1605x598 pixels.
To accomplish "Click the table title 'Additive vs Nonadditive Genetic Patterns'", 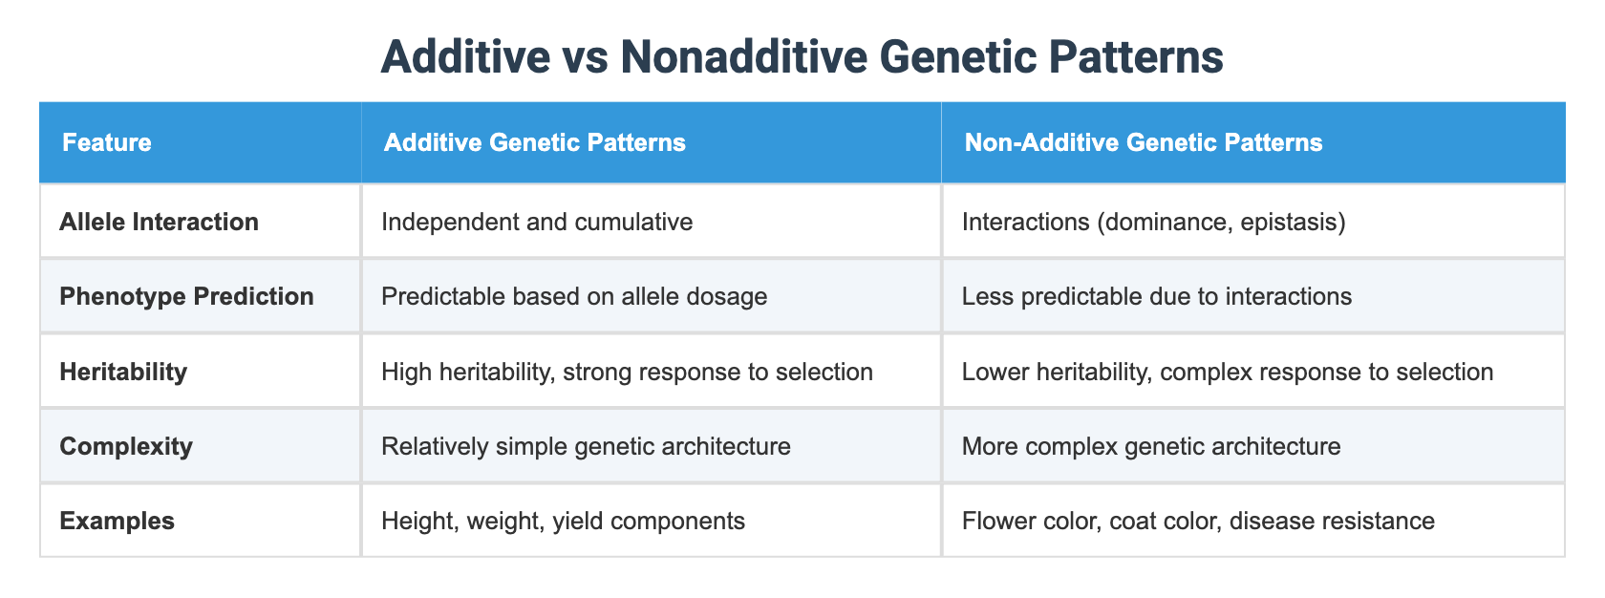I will pos(802,58).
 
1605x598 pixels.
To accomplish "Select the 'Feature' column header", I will pos(106,143).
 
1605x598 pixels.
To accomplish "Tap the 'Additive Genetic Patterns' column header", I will pos(534,143).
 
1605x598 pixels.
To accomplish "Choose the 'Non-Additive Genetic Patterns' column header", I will pos(1144,143).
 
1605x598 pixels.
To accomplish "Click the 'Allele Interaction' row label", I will pos(159,223).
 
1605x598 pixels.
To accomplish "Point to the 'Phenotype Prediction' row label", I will pos(186,297).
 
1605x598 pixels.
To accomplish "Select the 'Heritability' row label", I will pos(123,372).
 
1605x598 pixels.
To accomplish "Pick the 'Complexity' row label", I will pos(126,446).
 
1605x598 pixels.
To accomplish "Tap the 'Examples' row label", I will pos(117,521).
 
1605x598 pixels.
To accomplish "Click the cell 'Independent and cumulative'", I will pos(536,223).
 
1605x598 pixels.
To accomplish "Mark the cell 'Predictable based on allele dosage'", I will pos(573,297).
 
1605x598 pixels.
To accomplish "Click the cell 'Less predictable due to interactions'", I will pos(1156,297).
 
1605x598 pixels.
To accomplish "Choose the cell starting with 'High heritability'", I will pos(626,372).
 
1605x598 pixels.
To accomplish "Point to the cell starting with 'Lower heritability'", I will pos(1227,372).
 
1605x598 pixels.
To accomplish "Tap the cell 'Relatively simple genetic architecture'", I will pos(585,446).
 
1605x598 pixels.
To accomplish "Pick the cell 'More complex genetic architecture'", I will pos(1150,446).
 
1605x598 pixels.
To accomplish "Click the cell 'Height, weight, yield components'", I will pos(562,521).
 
